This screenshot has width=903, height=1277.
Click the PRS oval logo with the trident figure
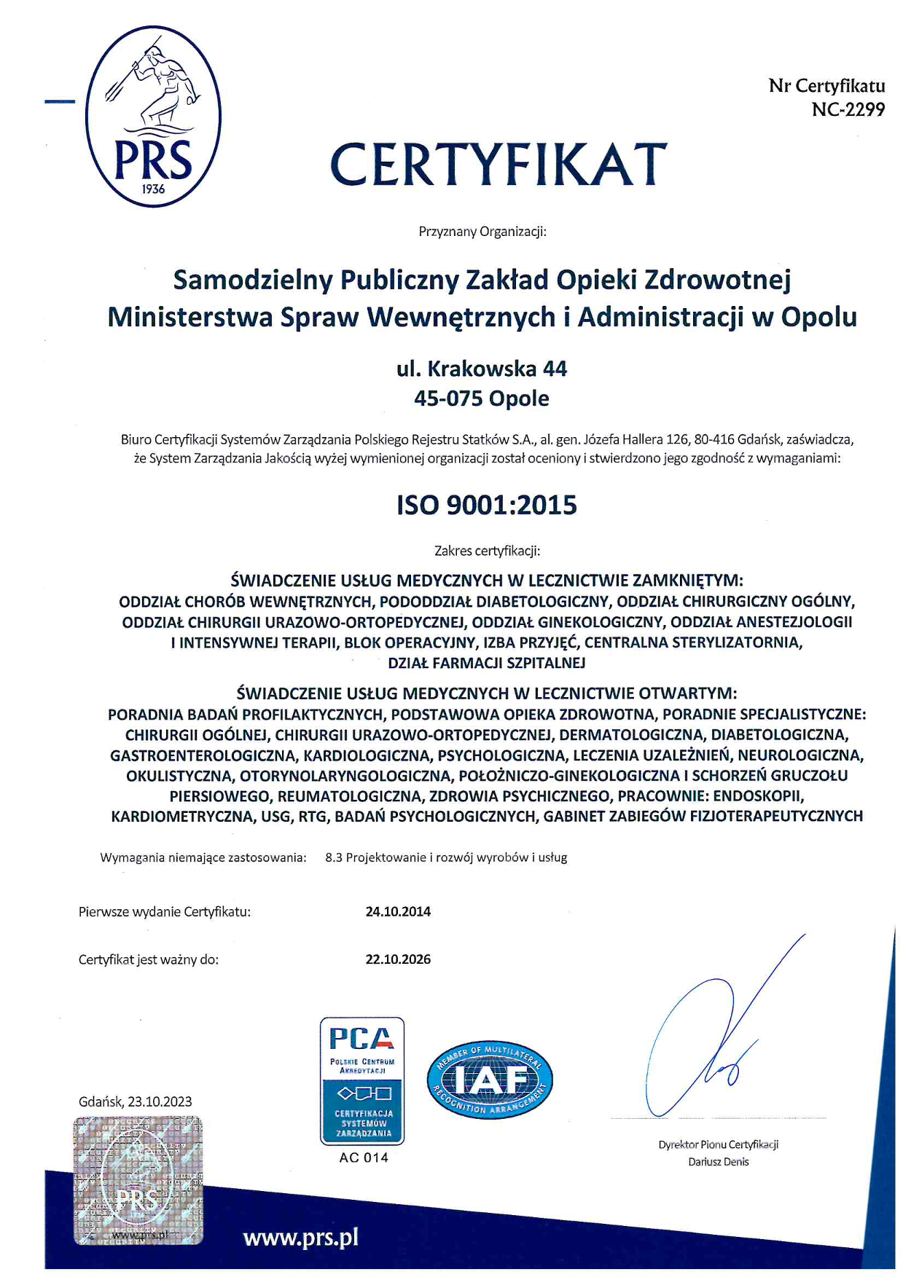153,117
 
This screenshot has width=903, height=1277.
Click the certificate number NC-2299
848,110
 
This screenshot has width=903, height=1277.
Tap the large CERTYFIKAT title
499,164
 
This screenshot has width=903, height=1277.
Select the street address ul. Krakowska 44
482,369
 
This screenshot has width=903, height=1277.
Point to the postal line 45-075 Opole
482,398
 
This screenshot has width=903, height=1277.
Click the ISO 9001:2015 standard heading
487,505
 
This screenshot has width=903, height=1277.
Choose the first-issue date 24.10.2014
398,911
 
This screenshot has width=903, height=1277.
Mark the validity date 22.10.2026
398,959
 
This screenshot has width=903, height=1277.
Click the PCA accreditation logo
362,1080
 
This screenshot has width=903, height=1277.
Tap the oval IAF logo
490,1080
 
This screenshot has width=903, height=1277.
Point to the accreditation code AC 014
364,1158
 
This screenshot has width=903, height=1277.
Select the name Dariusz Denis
718,1162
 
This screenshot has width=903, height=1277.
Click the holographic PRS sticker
138,1180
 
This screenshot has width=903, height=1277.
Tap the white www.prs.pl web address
300,1238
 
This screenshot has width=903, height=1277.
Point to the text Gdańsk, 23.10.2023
136,1101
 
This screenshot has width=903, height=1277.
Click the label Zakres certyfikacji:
487,551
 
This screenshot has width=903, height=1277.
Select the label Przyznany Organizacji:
482,232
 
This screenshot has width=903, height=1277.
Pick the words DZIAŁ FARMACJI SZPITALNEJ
487,663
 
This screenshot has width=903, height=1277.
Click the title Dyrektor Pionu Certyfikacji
718,1144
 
